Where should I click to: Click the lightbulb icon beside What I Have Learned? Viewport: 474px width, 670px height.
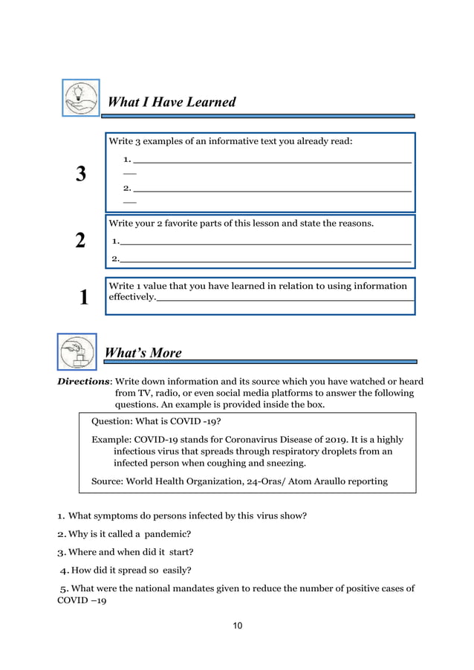79,97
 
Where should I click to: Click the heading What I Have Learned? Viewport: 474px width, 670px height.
172,103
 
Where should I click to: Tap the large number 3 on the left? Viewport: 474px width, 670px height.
81,175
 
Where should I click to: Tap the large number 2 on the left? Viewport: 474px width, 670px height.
81,241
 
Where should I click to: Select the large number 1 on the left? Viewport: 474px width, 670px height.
83,298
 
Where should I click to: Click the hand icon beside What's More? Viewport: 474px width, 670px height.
77,351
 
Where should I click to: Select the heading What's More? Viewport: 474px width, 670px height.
143,353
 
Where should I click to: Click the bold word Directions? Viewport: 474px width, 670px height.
82,380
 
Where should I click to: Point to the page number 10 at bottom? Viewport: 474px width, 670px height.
236,625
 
